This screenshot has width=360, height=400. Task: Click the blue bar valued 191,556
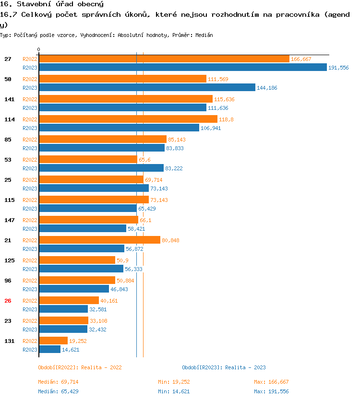pyautogui.click(x=182, y=68)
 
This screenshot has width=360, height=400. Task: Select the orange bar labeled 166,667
pyautogui.click(x=164, y=59)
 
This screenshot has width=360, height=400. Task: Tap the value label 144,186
pyautogui.click(x=267, y=88)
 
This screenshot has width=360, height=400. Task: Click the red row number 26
pyautogui.click(x=8, y=301)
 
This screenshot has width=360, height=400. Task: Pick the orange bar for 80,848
pyautogui.click(x=99, y=240)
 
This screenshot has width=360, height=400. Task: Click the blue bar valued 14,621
pyautogui.click(x=49, y=350)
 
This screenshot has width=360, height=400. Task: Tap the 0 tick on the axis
pyautogui.click(x=38, y=50)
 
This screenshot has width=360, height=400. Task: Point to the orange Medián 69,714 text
pyautogui.click(x=58, y=382)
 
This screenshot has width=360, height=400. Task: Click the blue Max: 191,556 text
pyautogui.click(x=271, y=391)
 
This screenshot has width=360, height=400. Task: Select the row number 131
pyautogui.click(x=9, y=341)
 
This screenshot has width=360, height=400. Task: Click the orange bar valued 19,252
pyautogui.click(x=53, y=341)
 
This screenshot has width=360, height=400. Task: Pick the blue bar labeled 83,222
pyautogui.click(x=101, y=168)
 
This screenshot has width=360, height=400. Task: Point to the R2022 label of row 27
pyautogui.click(x=30, y=59)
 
